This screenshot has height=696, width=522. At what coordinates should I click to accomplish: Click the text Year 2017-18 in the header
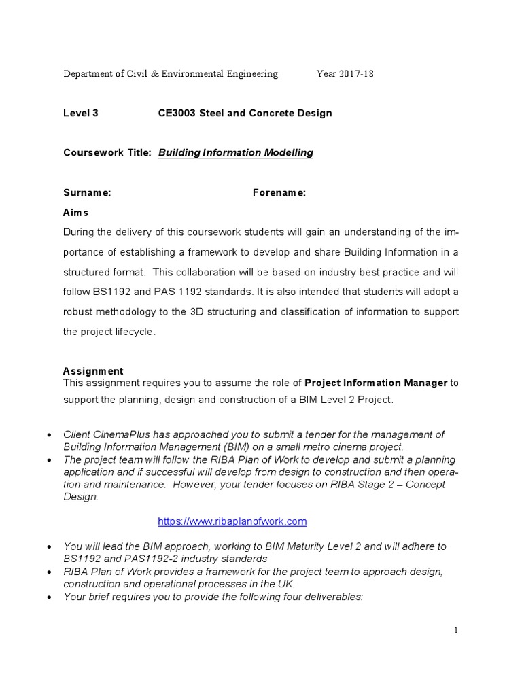345,74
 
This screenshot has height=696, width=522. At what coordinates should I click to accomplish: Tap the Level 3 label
80,113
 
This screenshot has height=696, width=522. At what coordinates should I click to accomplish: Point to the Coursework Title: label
107,152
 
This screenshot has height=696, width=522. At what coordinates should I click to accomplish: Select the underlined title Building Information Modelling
235,152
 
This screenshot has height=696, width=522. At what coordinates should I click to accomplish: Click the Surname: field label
86,193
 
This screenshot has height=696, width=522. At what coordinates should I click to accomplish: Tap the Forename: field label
279,193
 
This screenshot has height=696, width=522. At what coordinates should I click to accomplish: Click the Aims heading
75,213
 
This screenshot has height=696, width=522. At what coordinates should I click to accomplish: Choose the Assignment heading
93,371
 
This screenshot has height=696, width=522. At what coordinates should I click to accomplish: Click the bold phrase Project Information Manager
376,383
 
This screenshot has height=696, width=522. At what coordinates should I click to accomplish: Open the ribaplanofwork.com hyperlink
232,521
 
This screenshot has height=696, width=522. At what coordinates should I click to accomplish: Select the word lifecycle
134,332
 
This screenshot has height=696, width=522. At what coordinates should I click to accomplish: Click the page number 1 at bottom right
456,630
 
